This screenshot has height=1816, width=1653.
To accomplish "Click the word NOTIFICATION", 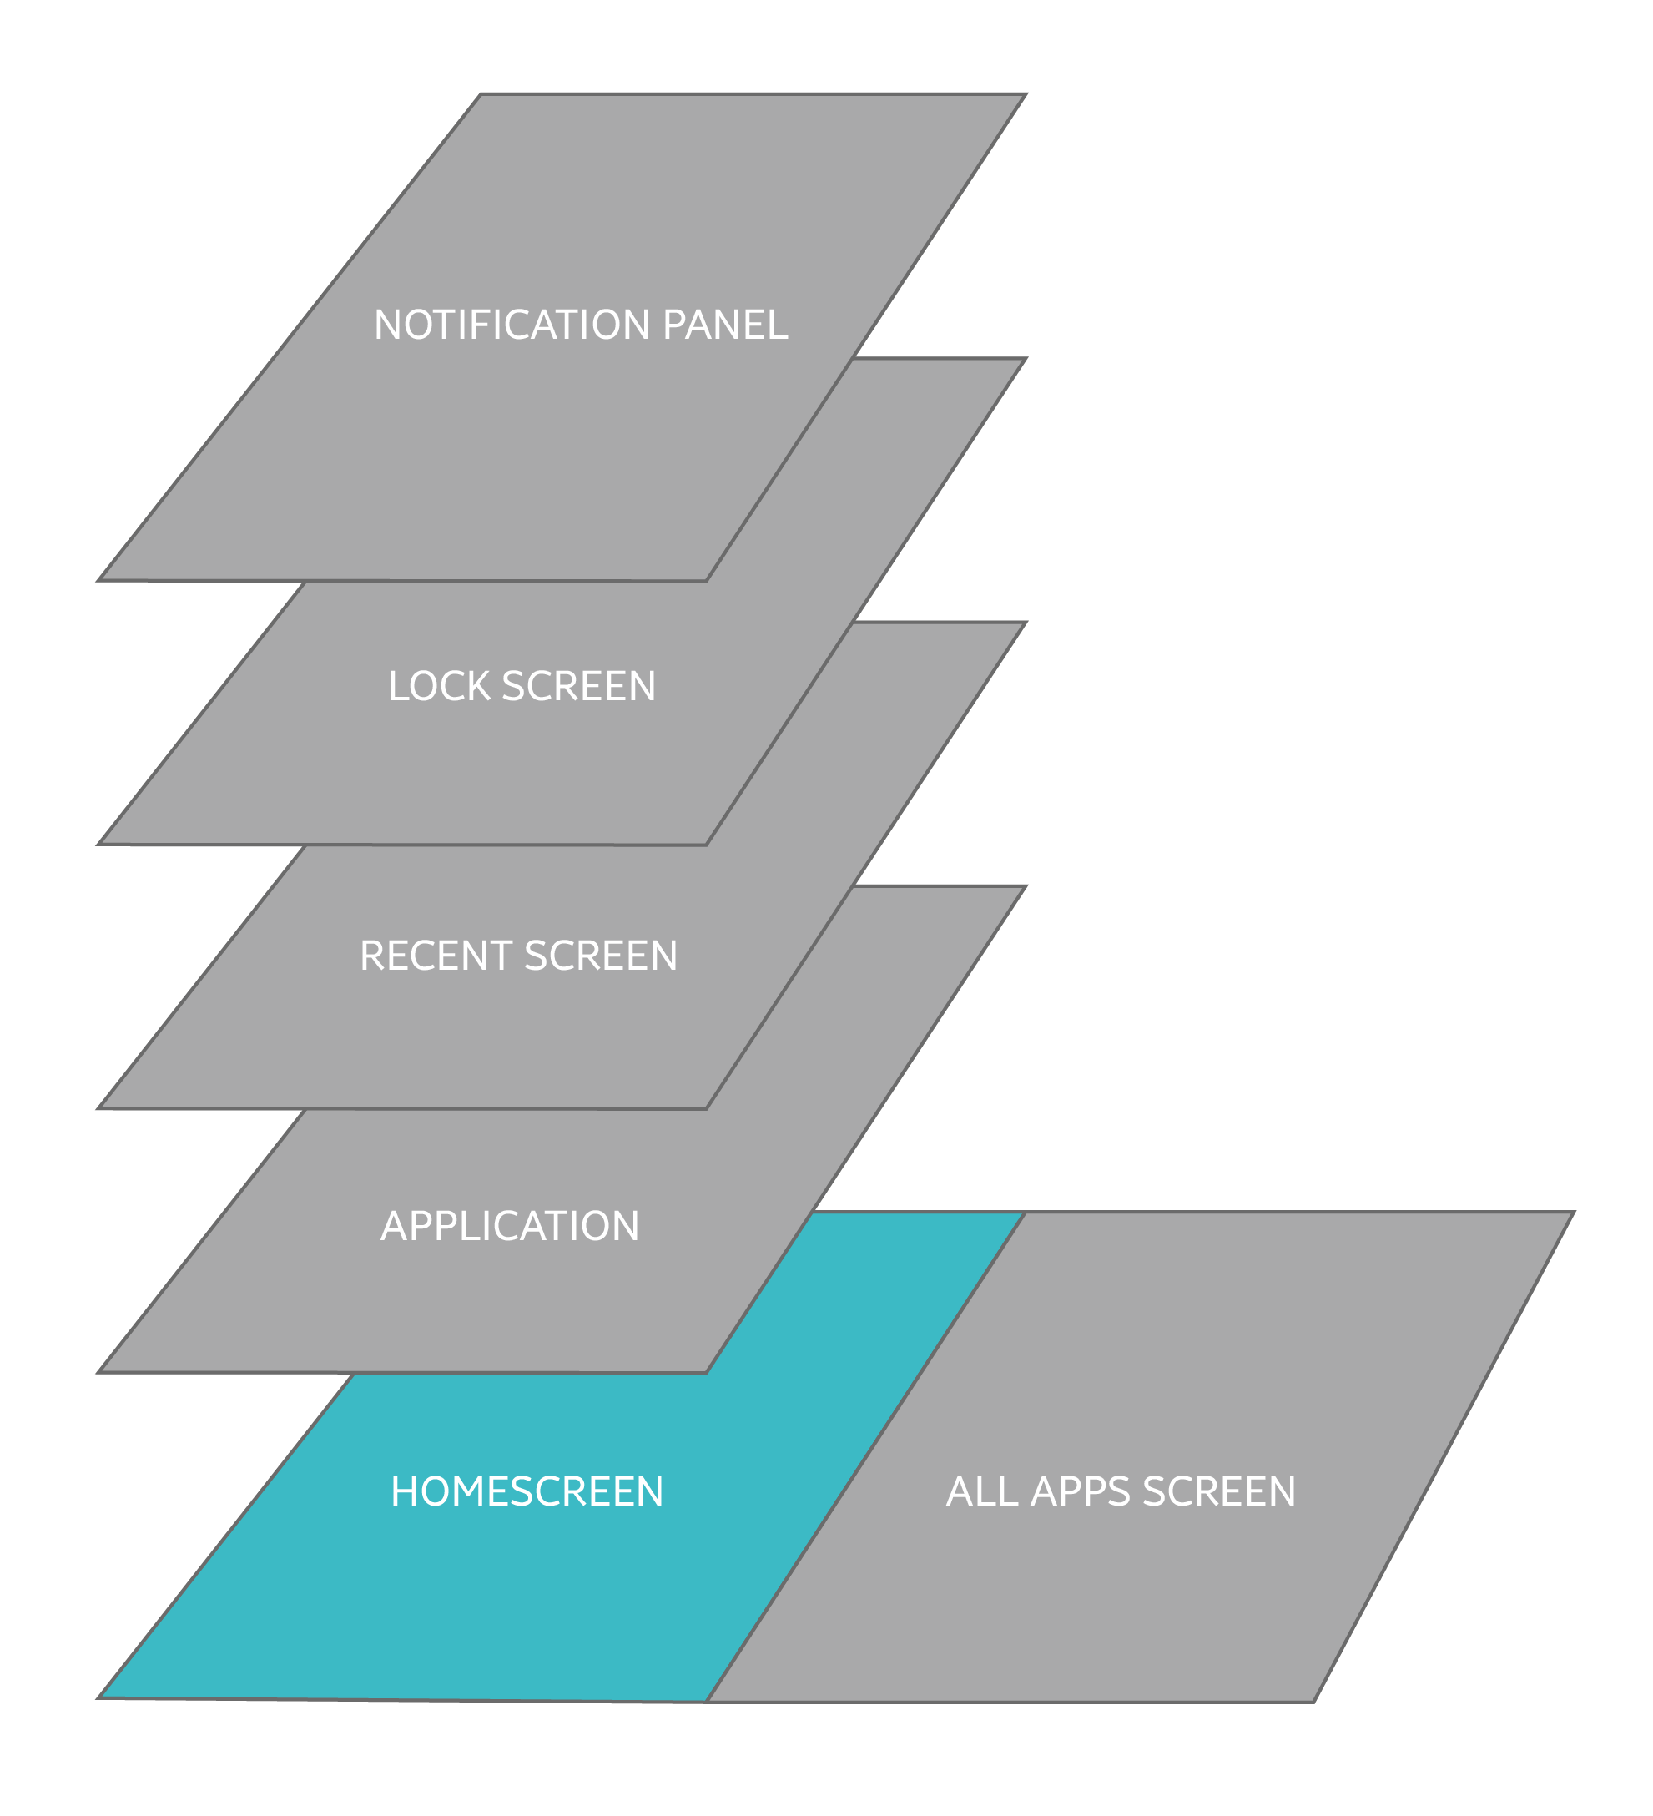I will [x=513, y=325].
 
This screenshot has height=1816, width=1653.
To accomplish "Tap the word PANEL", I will [x=725, y=325].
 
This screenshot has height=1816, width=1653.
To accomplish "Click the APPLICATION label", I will [x=510, y=1226].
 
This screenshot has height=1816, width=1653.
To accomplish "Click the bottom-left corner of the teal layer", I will [x=98, y=1698].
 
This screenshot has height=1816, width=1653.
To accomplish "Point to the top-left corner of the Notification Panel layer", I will [x=480, y=93].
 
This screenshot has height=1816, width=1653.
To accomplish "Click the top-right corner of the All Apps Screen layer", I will [x=1574, y=1213].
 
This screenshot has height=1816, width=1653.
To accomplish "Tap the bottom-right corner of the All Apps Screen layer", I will [x=1314, y=1702].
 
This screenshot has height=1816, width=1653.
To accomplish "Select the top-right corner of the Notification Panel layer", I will [x=1027, y=93].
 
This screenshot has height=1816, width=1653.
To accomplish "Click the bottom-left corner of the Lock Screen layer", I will [x=98, y=845].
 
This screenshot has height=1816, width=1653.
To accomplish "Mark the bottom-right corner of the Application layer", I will [x=706, y=1373].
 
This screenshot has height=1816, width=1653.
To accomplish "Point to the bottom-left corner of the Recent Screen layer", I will [x=98, y=1109].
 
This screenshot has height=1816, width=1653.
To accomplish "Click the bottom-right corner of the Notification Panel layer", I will [x=706, y=581].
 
